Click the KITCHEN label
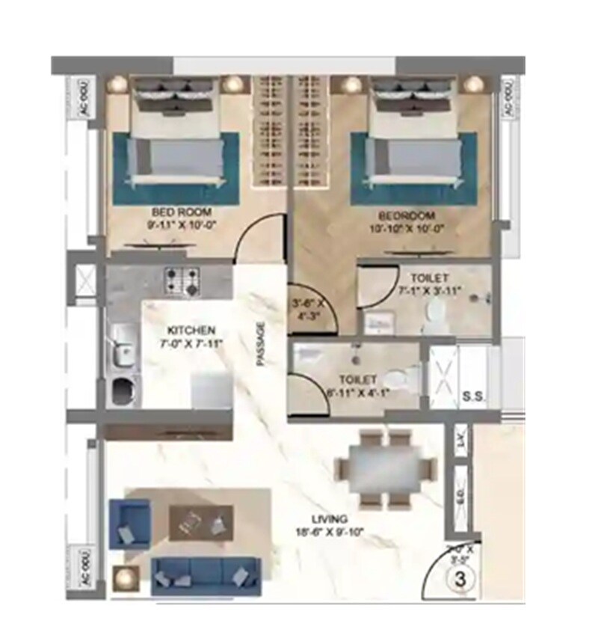coord(191,330)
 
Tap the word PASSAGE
coord(261,344)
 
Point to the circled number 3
coord(461,578)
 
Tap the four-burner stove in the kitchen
coord(182,281)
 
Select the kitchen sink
coord(120,351)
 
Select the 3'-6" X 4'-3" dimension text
coord(308,309)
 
